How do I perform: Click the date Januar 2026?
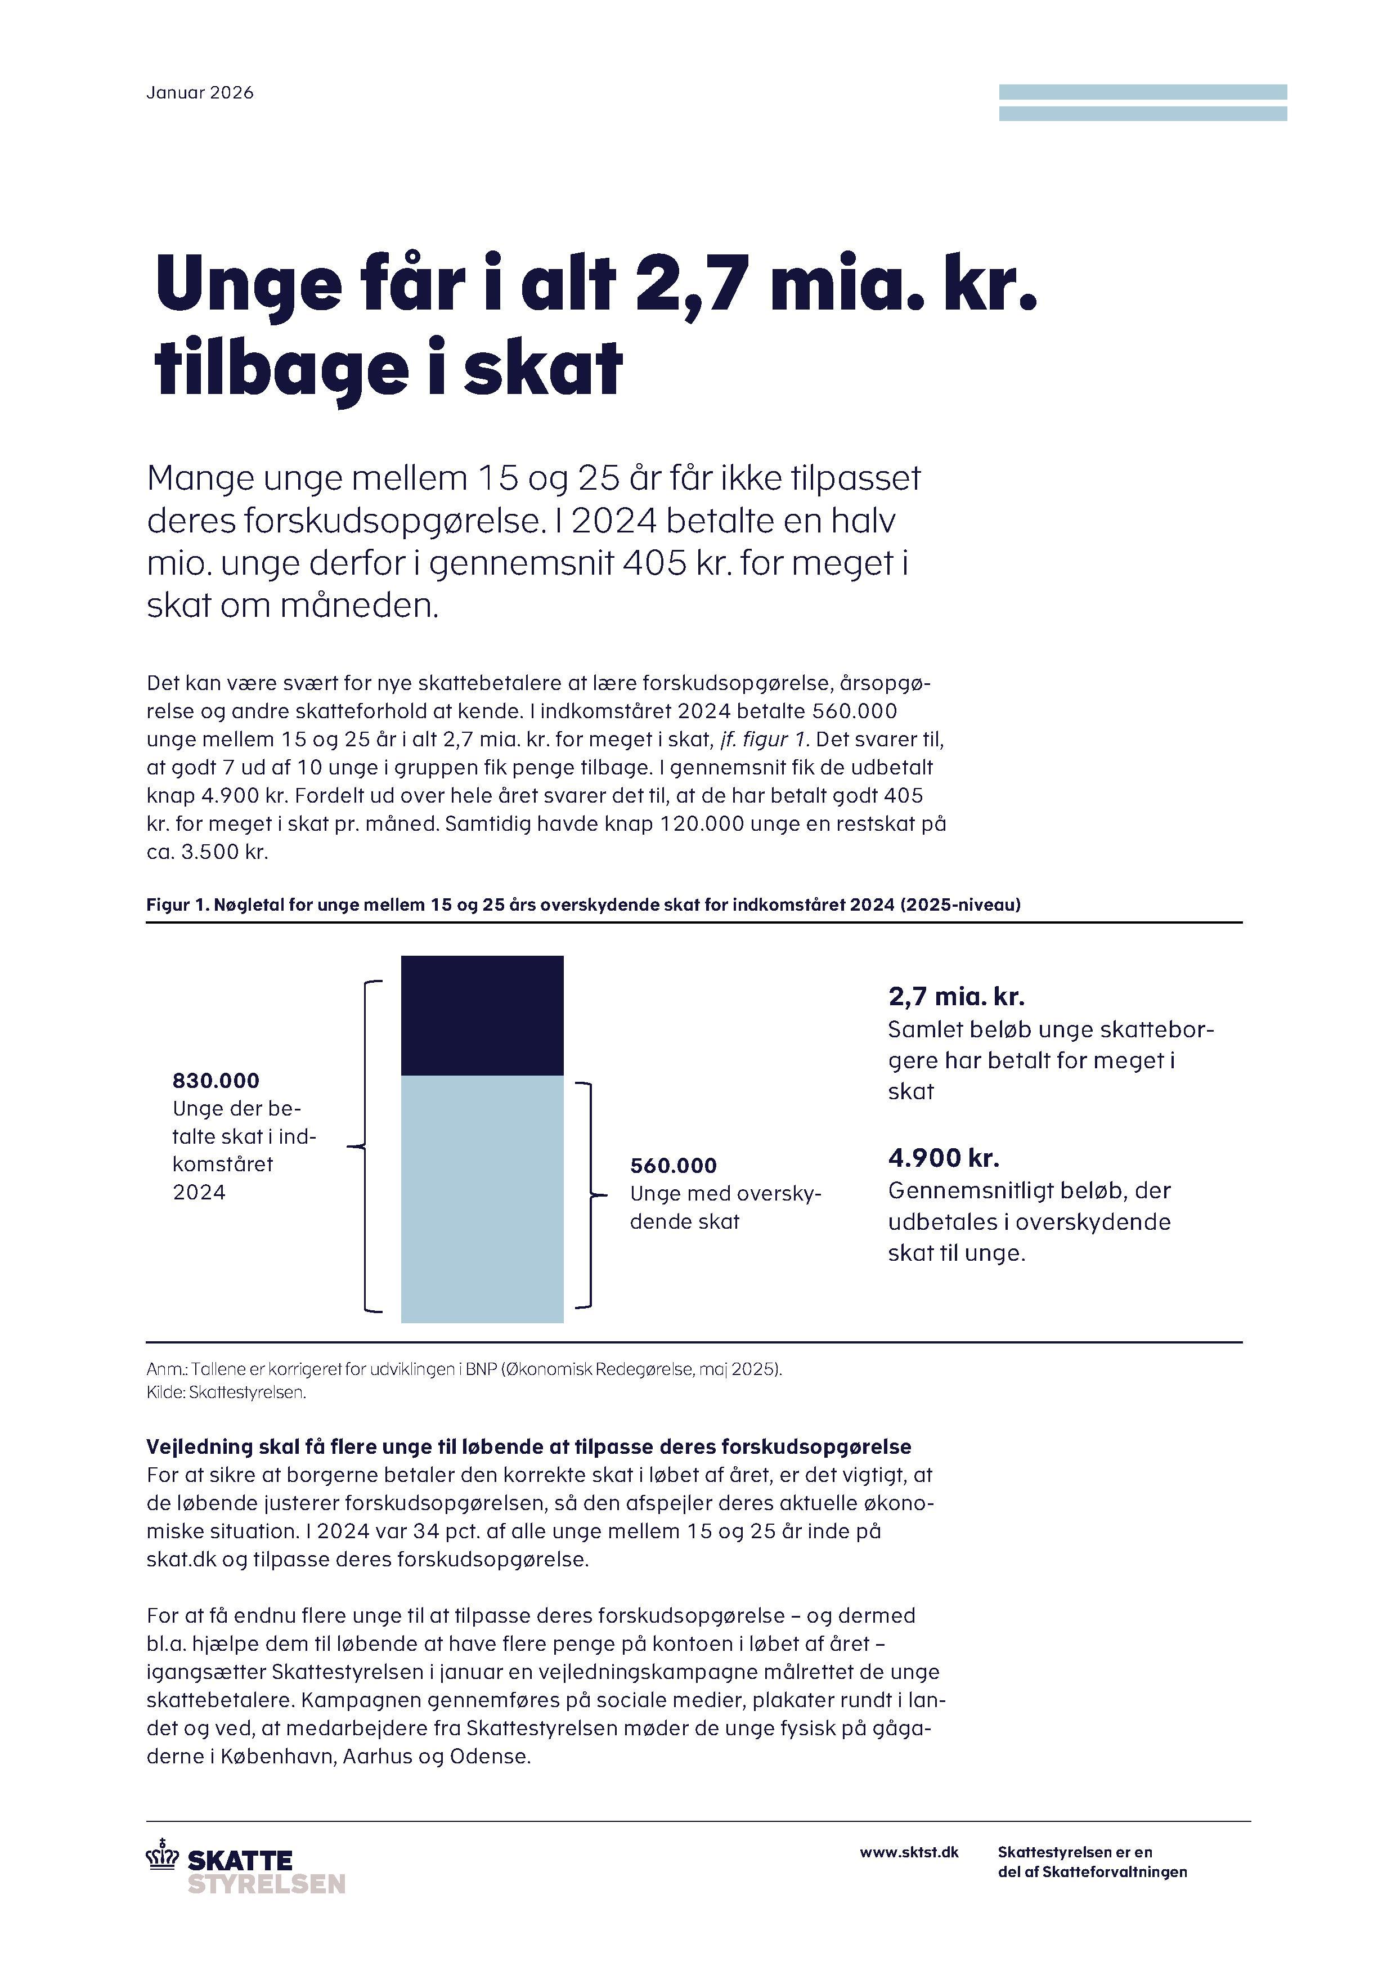[x=200, y=93]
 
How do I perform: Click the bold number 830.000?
[x=216, y=1081]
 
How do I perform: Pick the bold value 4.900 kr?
[x=944, y=1158]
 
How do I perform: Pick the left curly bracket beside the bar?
[x=365, y=1146]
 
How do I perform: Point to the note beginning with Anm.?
[x=464, y=1369]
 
